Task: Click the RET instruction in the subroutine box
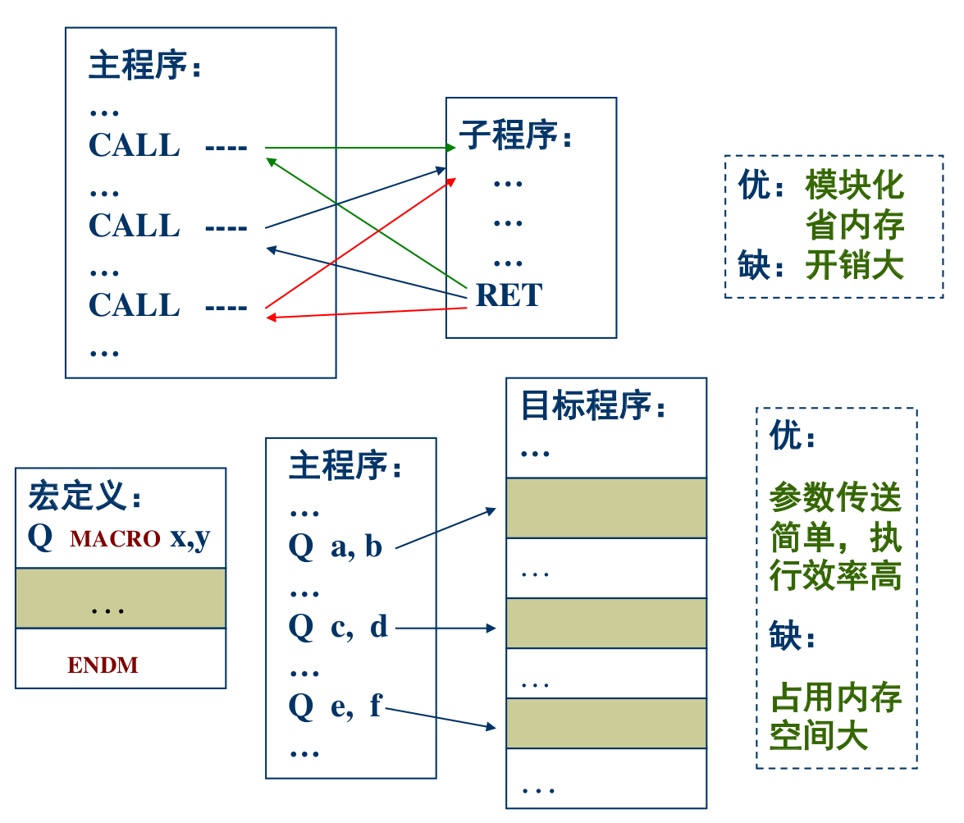point(509,295)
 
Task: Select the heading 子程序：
point(516,136)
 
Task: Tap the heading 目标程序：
point(594,405)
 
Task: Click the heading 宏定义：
point(85,496)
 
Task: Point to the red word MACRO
point(115,539)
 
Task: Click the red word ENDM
point(103,665)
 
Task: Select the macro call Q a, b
point(336,546)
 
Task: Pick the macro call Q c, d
point(337,627)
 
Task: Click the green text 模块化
point(854,185)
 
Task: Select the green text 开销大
point(854,266)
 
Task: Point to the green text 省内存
point(854,226)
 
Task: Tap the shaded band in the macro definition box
point(121,598)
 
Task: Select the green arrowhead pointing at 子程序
point(450,149)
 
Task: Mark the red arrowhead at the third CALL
point(271,318)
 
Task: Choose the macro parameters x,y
point(190,537)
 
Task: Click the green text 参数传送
point(835,497)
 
